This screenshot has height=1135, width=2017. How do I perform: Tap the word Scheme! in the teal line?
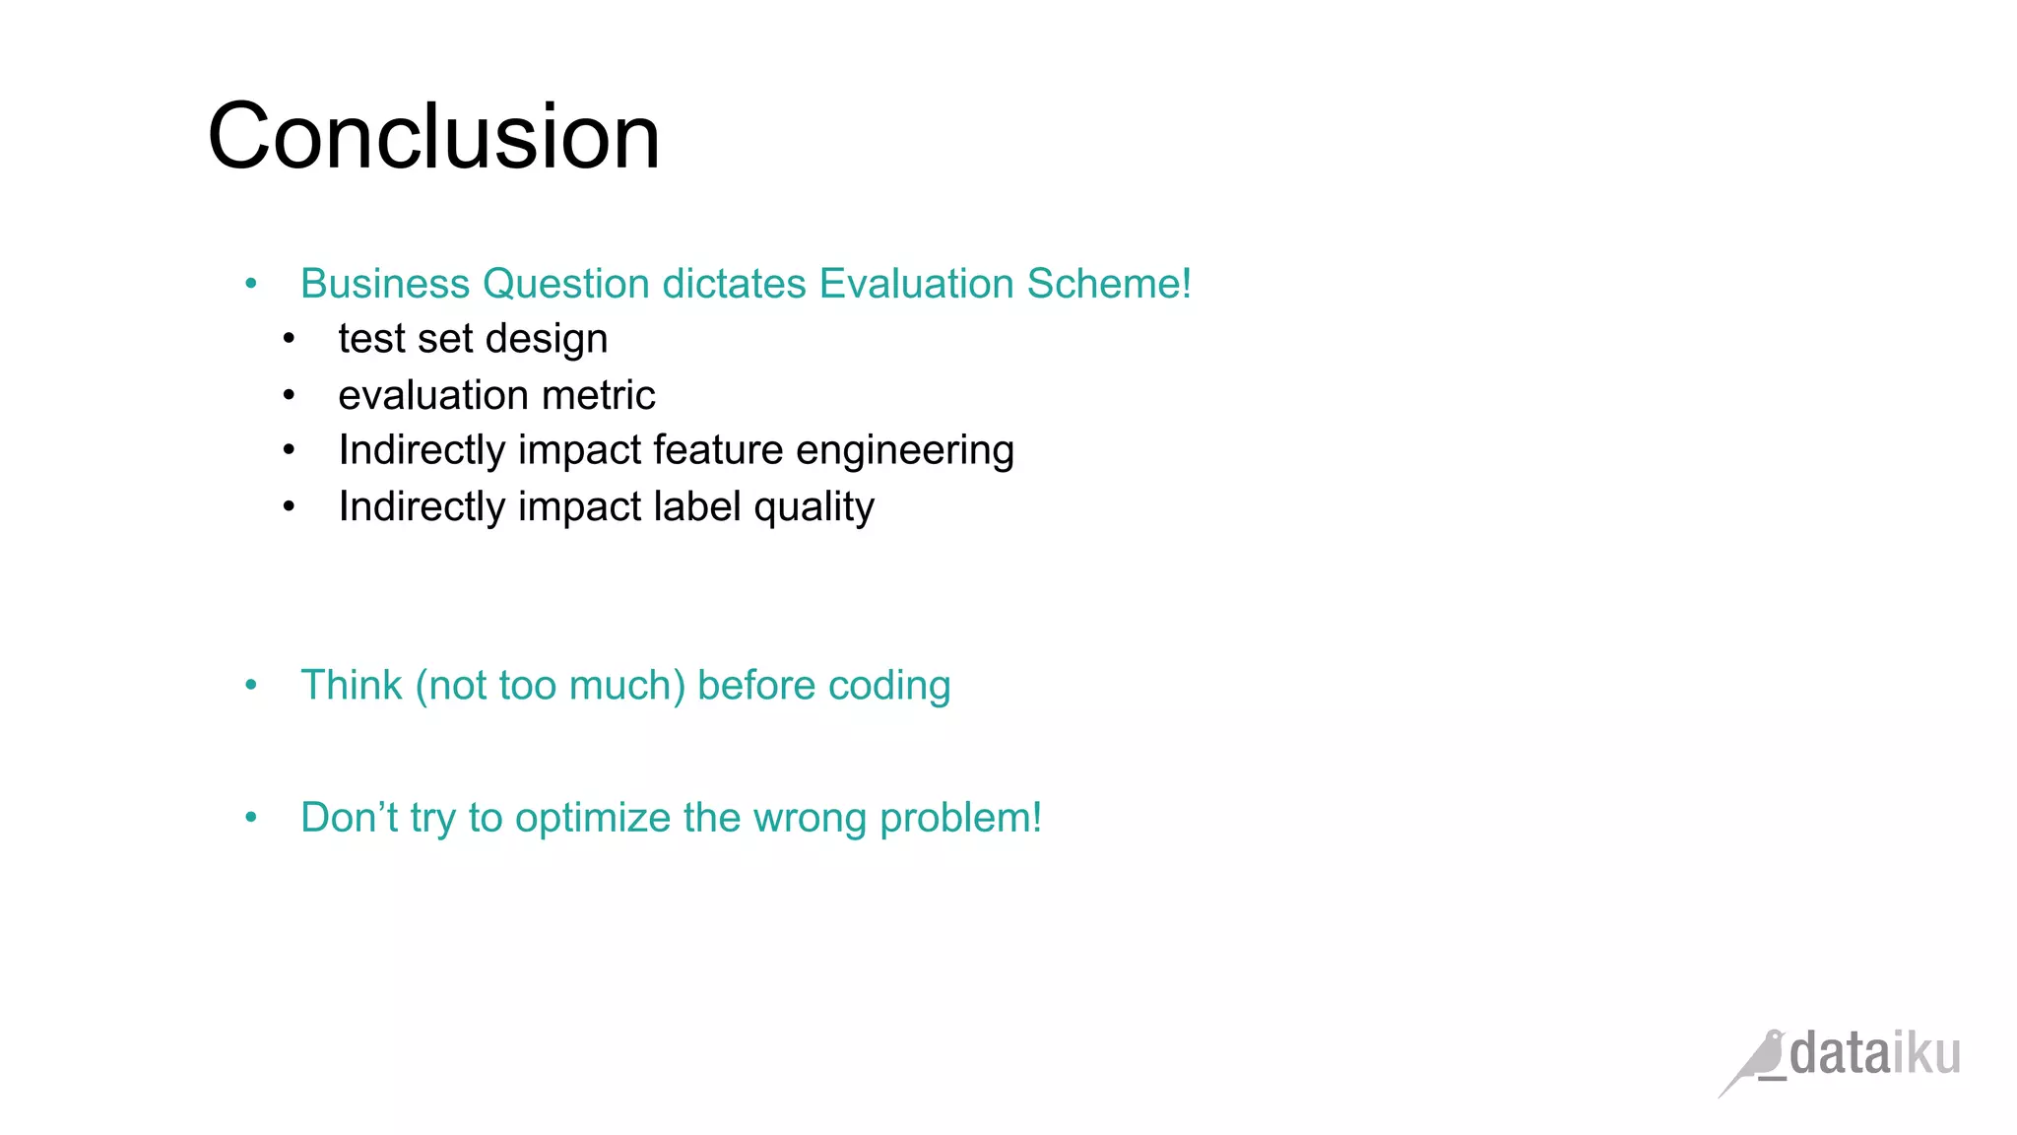pos(1109,284)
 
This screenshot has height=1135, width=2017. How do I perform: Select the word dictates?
pos(734,284)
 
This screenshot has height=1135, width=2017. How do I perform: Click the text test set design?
pos(473,339)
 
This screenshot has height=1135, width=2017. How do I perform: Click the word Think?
pos(351,686)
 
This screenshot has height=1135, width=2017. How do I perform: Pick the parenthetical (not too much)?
pos(550,686)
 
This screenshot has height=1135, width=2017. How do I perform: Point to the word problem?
pos(959,819)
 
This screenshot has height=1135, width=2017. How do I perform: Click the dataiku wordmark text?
pos(1874,1054)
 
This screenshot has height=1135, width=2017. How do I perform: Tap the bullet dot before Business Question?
pos(251,285)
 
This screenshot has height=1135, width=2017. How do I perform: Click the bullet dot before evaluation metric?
pos(289,396)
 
